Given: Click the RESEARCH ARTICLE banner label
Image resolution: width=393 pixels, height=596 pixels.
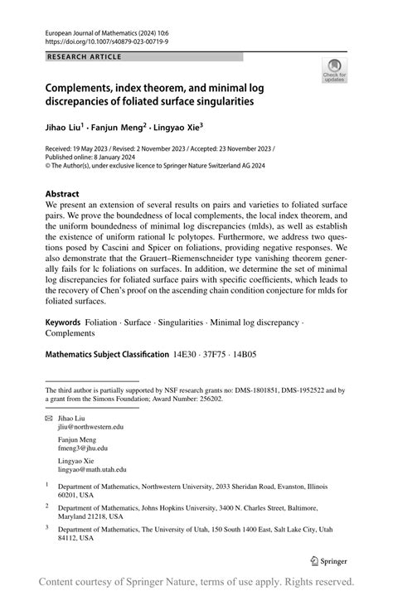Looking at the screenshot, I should tap(84, 56).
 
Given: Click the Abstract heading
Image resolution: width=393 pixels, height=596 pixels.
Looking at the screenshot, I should tap(63, 193).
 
